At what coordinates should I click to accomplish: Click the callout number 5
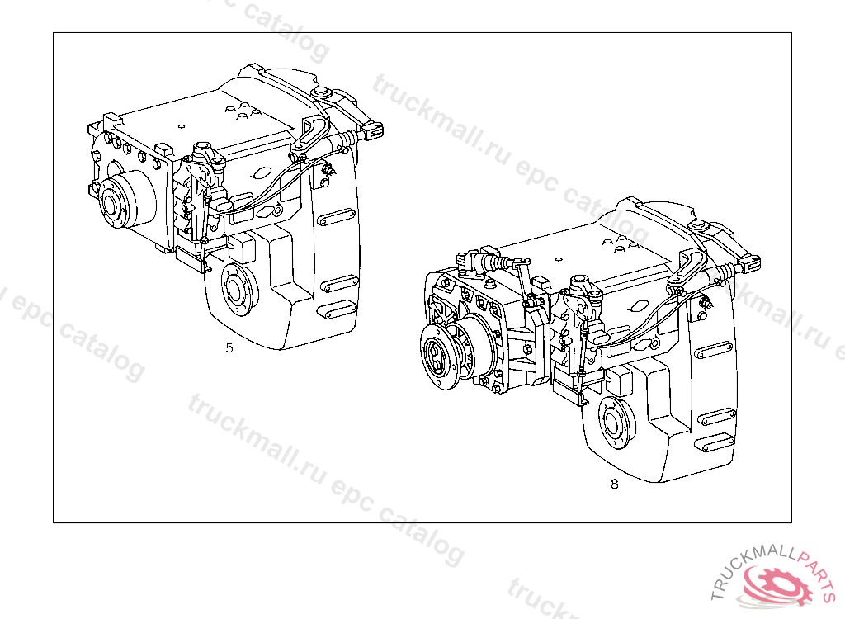pos(229,347)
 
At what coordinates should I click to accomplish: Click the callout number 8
pos(614,484)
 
